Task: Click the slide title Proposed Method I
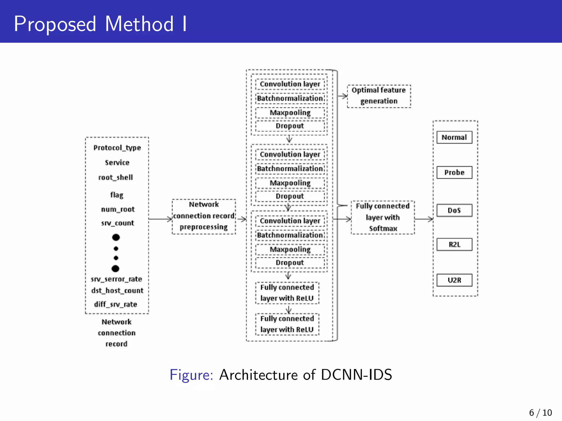click(x=100, y=24)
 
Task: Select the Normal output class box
click(x=454, y=137)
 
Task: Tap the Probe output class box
click(x=454, y=172)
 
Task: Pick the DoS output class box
click(x=454, y=210)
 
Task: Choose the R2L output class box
click(x=454, y=244)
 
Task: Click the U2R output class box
click(x=454, y=280)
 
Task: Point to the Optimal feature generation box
click(x=379, y=96)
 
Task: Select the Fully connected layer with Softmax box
click(x=383, y=217)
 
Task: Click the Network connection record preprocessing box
click(x=204, y=216)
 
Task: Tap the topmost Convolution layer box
click(x=290, y=84)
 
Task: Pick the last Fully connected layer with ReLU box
click(x=287, y=324)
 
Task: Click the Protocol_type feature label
click(x=117, y=148)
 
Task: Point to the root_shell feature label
click(x=116, y=178)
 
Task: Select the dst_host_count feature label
click(x=117, y=291)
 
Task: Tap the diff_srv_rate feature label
click(x=116, y=304)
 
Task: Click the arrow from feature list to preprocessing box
click(x=160, y=219)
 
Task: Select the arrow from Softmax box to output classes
click(x=424, y=219)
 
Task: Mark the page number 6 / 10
click(x=540, y=413)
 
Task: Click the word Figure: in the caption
click(x=191, y=375)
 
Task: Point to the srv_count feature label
click(x=117, y=223)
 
